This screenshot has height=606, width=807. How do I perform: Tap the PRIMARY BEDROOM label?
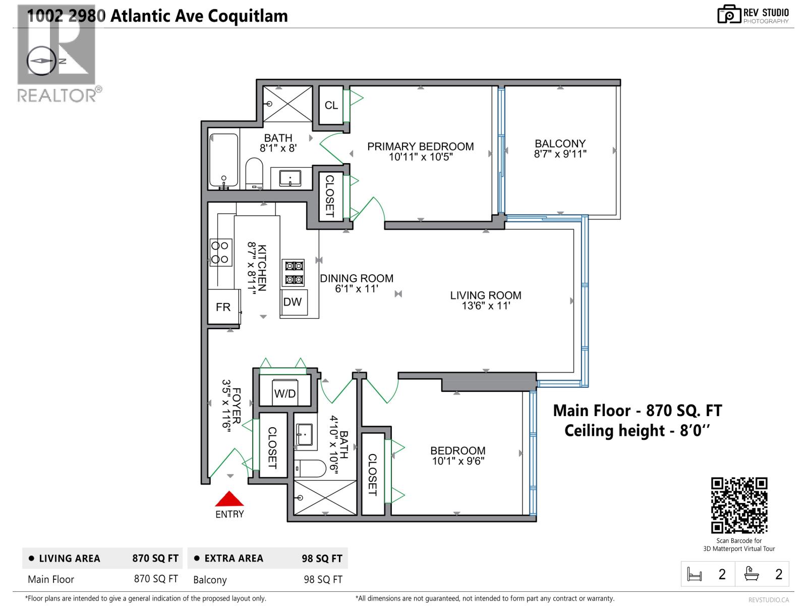(420, 146)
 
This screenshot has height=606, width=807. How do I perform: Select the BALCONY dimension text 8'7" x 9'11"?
(560, 154)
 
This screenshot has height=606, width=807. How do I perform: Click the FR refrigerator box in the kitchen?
(223, 307)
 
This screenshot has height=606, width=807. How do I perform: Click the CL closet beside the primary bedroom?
(331, 105)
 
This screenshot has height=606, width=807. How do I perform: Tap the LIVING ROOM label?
(485, 295)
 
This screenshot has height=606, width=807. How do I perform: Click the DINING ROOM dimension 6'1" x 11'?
(357, 289)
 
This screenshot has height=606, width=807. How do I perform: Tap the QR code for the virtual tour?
(739, 505)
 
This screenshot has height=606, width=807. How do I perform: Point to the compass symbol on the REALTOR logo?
(42, 61)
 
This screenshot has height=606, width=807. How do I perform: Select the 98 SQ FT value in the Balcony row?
(323, 579)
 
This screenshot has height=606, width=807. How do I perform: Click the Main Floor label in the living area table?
(51, 579)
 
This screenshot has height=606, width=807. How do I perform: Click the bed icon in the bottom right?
(695, 574)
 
